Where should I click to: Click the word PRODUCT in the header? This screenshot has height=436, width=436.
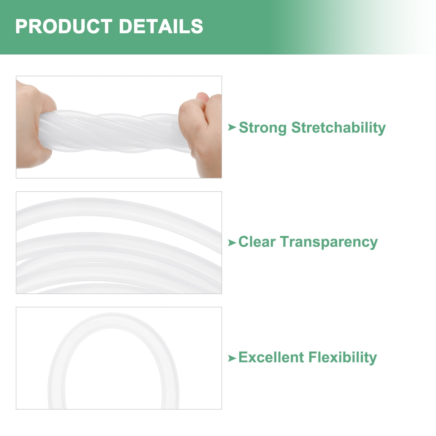pos(64,26)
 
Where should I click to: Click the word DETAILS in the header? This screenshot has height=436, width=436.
pos(161,26)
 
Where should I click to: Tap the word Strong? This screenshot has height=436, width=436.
pos(263,128)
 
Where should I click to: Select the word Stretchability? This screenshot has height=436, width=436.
pos(338,128)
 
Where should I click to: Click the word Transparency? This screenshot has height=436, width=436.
pos(329,242)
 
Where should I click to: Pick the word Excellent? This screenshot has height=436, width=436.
pos(271,357)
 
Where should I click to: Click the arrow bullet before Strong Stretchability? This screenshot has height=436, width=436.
pos(232,127)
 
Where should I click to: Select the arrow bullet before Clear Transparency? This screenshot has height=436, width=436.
pos(232,243)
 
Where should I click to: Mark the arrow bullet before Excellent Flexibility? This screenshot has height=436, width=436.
pos(232,358)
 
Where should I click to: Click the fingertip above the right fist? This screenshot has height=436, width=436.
pos(202,97)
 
